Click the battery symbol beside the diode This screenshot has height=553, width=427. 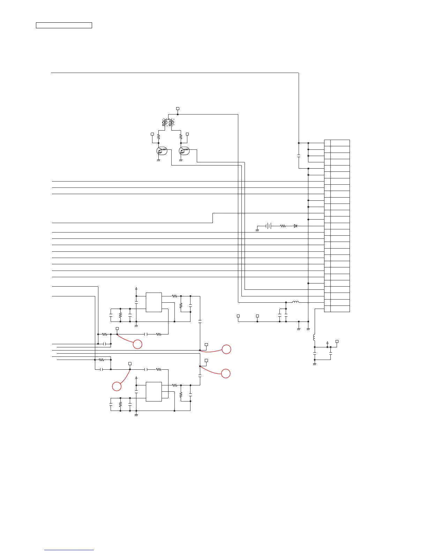click(x=268, y=226)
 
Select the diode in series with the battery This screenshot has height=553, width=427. click(x=295, y=226)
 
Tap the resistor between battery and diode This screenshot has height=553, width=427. click(x=283, y=226)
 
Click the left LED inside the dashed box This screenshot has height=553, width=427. click(x=165, y=123)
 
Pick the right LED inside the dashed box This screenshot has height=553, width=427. click(x=171, y=123)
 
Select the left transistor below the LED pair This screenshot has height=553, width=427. click(x=162, y=151)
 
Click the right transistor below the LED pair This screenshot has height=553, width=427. click(x=184, y=151)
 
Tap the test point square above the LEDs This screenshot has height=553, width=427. click(x=178, y=109)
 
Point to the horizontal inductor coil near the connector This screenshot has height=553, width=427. click(x=295, y=302)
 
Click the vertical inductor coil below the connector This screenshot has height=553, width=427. click(x=314, y=337)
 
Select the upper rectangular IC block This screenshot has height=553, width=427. click(x=154, y=302)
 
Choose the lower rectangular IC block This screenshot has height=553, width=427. click(x=154, y=392)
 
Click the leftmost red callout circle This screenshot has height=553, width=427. click(x=117, y=386)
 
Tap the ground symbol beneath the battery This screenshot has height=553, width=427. click(x=257, y=230)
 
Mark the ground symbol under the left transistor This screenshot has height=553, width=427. click(x=158, y=160)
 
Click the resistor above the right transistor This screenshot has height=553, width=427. click(x=181, y=137)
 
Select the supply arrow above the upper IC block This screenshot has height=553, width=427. click(x=136, y=289)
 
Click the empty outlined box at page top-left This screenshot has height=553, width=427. click(x=64, y=25)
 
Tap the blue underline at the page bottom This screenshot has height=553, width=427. click(x=69, y=550)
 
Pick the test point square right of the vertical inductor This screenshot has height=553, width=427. click(x=337, y=341)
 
